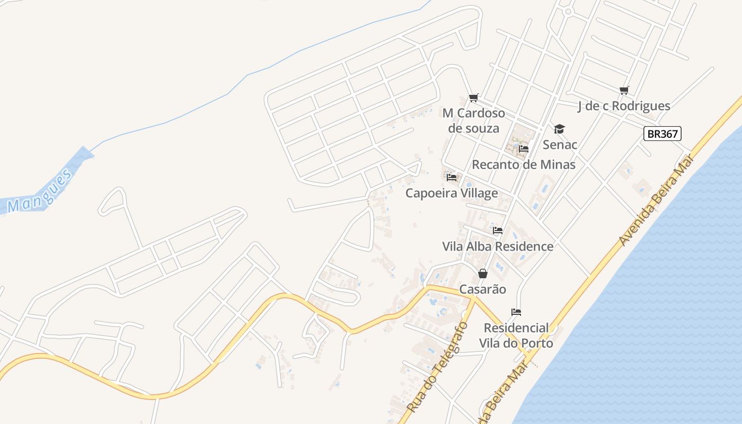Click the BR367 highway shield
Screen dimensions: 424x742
tap(662, 134)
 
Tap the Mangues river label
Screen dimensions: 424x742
tap(40, 191)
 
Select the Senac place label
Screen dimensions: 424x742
tap(560, 144)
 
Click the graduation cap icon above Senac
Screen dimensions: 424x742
tap(560, 129)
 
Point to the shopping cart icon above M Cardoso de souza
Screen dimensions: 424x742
tap(474, 98)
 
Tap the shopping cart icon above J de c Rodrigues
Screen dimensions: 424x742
tap(624, 91)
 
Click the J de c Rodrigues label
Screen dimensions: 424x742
tap(624, 106)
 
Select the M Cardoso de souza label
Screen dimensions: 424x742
tap(474, 120)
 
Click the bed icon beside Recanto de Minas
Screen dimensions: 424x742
tap(524, 149)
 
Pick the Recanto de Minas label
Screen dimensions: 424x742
tap(524, 164)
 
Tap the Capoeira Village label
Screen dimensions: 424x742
tap(452, 193)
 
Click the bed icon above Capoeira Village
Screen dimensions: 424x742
tap(452, 177)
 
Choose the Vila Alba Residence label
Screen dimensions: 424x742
tap(498, 246)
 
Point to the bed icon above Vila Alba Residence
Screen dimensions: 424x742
tap(498, 231)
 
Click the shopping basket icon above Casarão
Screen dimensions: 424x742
tap(483, 273)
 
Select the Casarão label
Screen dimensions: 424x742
tap(483, 289)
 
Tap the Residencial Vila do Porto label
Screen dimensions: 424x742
tap(516, 335)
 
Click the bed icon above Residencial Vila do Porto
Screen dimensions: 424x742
tap(516, 312)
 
